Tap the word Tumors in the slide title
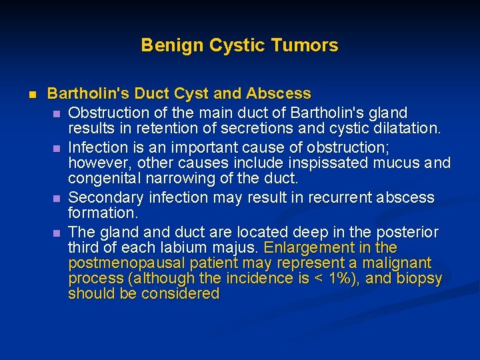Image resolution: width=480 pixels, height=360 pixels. coord(310,45)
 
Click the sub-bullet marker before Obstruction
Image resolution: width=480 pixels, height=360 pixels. coord(58,113)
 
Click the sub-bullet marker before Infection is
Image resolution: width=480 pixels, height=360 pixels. coord(58,147)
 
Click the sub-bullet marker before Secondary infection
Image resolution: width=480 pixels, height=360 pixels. coord(58,198)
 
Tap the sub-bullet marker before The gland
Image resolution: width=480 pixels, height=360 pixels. coord(58,233)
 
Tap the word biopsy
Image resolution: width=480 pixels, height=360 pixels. coord(419,279)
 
